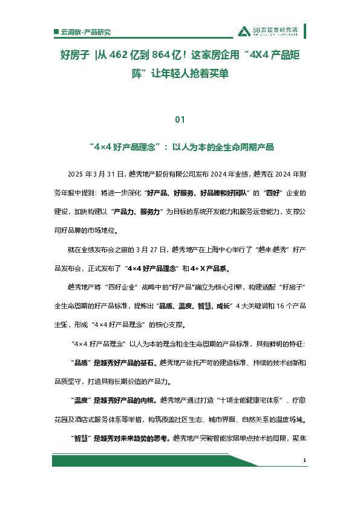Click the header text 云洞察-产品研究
tap(87, 31)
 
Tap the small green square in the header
tap(56, 31)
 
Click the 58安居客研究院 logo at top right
tap(267, 31)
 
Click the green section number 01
tap(179, 119)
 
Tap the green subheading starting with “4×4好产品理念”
tap(180, 147)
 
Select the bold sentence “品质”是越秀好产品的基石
tap(114, 363)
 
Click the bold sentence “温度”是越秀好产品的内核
tap(114, 400)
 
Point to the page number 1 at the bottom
tap(304, 461)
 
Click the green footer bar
tap(175, 461)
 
